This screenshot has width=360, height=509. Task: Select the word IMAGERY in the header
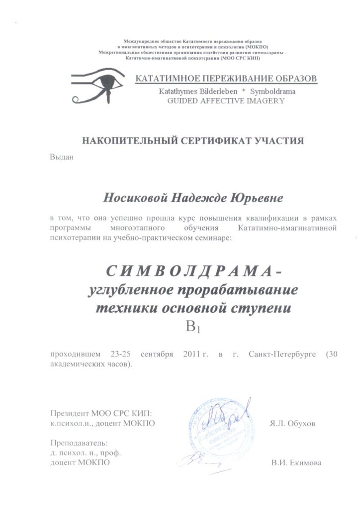coord(263,100)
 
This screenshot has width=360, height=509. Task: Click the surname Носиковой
coord(134,198)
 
